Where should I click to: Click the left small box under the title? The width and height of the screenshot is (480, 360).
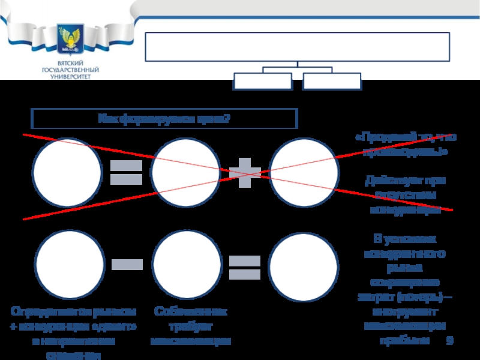click(x=263, y=81)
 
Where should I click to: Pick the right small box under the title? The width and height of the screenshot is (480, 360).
click(x=332, y=81)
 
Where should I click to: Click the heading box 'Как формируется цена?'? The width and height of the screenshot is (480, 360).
click(x=164, y=118)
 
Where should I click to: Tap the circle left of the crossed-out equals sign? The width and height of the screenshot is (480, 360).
click(x=67, y=172)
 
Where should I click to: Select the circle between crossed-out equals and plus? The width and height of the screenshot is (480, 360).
click(x=185, y=172)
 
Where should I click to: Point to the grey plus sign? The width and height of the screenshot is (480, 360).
click(x=245, y=173)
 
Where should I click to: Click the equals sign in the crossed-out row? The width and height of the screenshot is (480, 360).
click(x=126, y=172)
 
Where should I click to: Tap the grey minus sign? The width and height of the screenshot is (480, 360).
click(x=127, y=264)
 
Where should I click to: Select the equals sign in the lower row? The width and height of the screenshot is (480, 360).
click(x=245, y=268)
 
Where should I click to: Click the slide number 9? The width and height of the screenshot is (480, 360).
click(x=450, y=341)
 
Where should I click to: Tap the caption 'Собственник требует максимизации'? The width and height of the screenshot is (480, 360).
click(x=191, y=326)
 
